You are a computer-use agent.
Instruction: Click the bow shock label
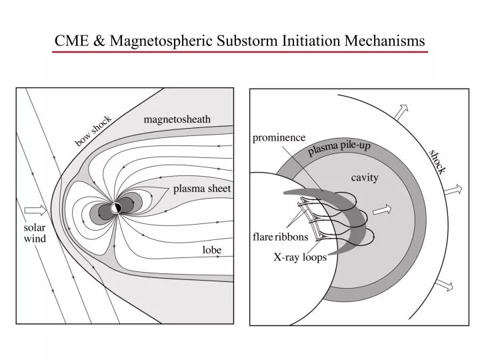(x=93, y=131)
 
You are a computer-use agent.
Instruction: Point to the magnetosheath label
(x=177, y=119)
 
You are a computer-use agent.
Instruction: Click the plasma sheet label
(x=202, y=189)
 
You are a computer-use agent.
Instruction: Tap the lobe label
(x=212, y=250)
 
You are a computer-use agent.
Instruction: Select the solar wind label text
(x=35, y=233)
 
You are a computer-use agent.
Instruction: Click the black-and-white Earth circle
(x=116, y=208)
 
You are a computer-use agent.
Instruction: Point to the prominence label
(x=279, y=137)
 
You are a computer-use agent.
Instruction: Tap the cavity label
(x=365, y=177)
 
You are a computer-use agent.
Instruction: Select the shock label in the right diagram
(x=437, y=161)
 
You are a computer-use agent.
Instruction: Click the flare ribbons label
(x=280, y=237)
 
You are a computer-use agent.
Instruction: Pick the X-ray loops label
(x=300, y=257)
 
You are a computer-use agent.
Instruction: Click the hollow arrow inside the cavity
(x=381, y=210)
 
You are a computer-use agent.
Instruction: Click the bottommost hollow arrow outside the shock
(x=443, y=285)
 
